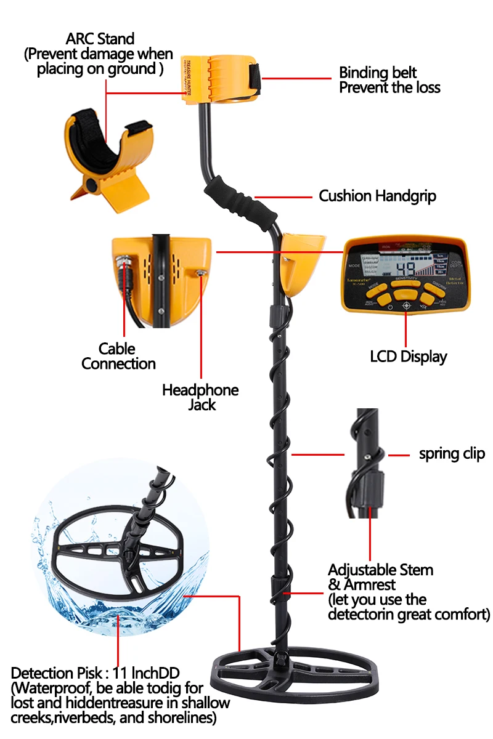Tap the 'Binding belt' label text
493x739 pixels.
pos(378,73)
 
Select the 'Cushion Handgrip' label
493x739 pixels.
pos(377,196)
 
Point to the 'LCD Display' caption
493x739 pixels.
pos(408,357)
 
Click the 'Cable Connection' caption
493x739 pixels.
pos(118,357)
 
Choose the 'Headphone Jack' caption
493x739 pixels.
pos(200,397)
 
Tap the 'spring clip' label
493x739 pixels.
pos(452,454)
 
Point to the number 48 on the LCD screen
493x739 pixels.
pos(407,268)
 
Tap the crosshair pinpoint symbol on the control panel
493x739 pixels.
pos(406,305)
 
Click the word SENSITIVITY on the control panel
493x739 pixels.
pos(406,279)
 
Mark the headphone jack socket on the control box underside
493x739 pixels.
pos(200,271)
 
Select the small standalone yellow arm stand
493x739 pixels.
pos(108,154)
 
